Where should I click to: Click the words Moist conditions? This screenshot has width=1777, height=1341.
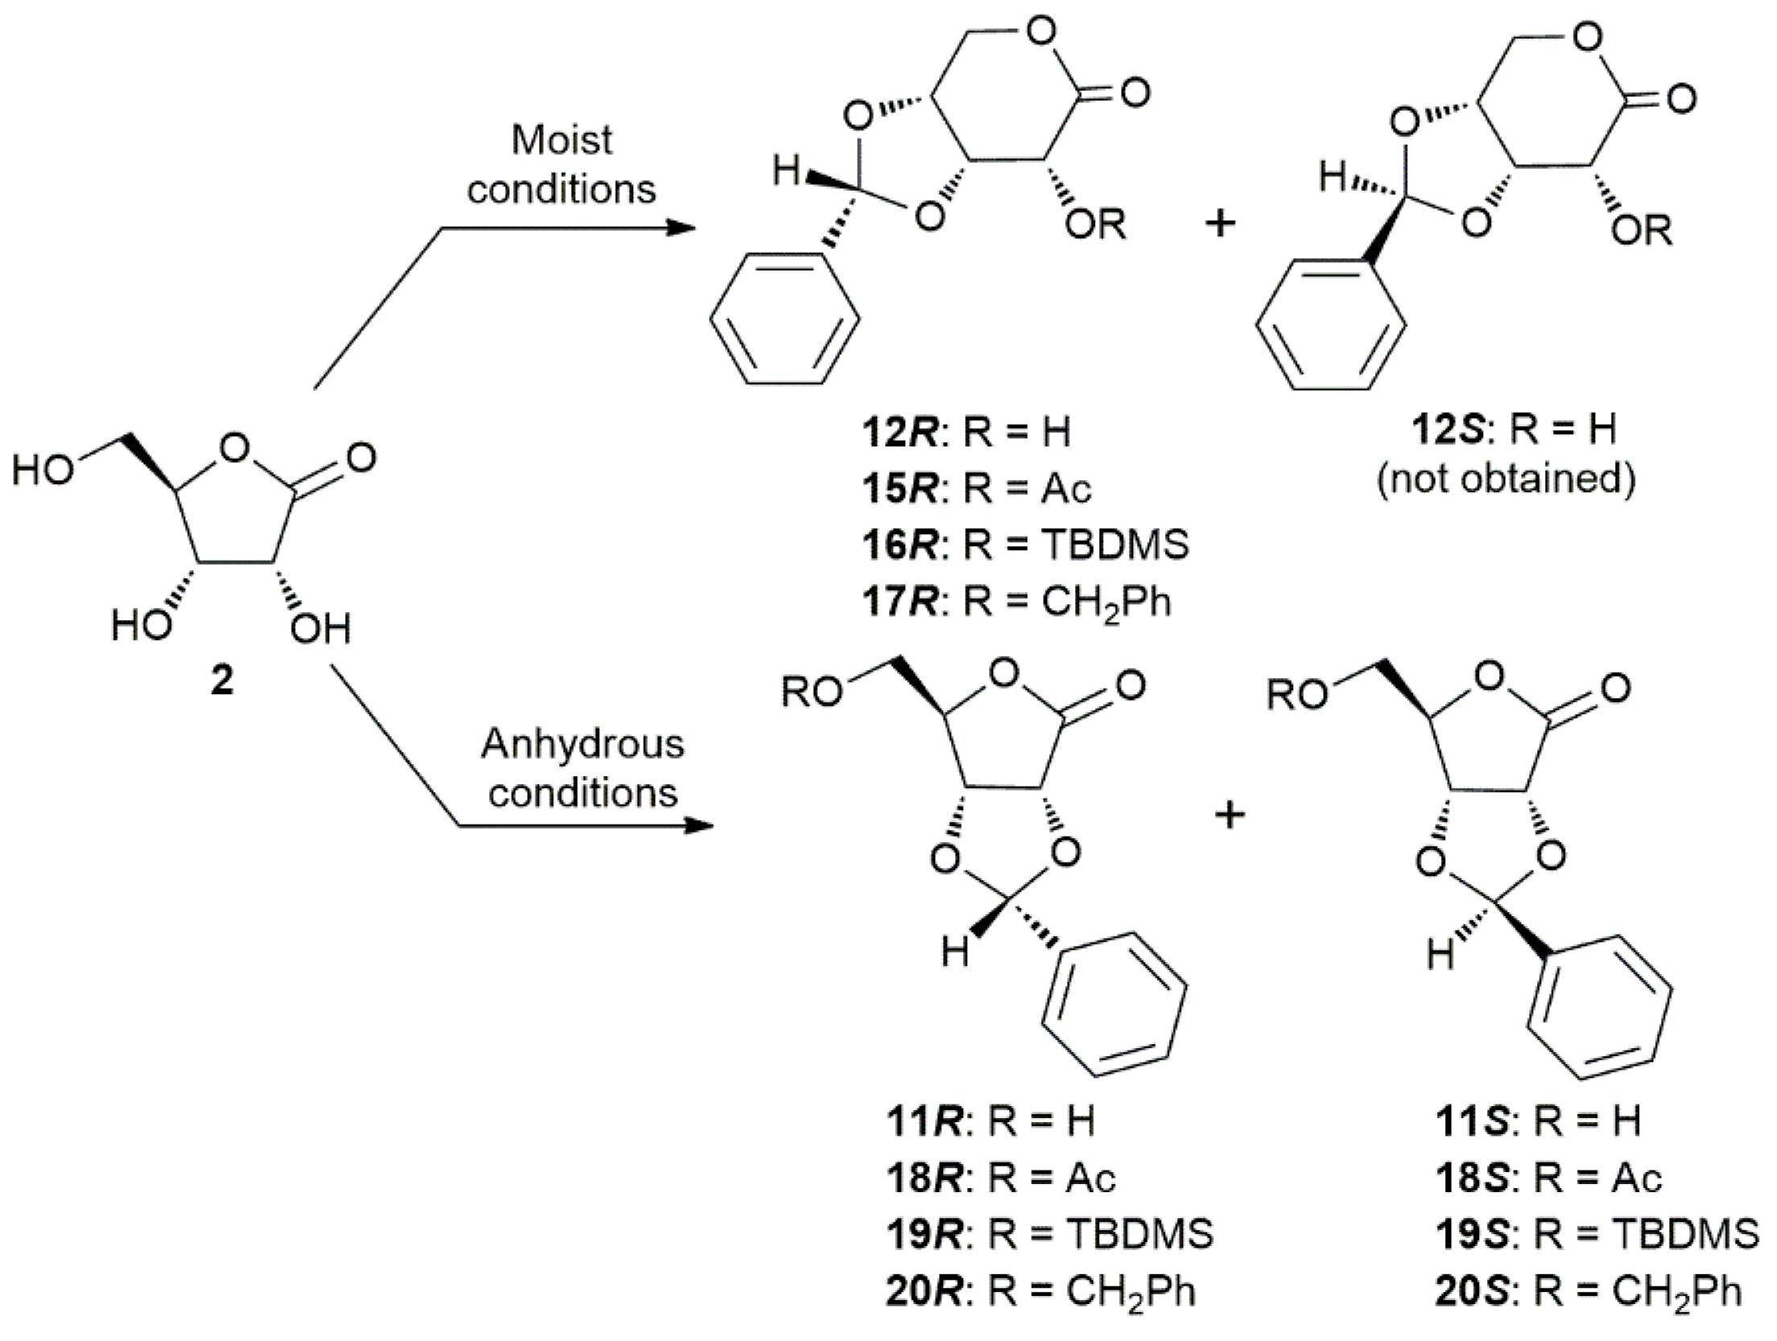click(x=561, y=165)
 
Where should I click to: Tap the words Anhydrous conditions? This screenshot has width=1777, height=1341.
click(x=582, y=768)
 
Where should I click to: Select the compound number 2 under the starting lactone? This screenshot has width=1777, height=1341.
click(x=221, y=681)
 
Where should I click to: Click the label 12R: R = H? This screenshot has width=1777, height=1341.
click(x=966, y=433)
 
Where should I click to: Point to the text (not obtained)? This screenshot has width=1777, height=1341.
click(x=1507, y=479)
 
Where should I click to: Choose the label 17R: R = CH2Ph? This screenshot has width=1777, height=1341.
click(x=1016, y=602)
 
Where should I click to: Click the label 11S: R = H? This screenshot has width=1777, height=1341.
click(x=1538, y=1120)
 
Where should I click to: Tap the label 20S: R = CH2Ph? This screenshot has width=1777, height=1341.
click(x=1588, y=1291)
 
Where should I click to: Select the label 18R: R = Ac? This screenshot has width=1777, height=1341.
click(x=1001, y=1178)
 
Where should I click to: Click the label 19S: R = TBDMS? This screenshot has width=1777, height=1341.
click(x=1597, y=1234)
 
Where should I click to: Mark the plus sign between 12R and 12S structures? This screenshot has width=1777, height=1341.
click(x=1220, y=223)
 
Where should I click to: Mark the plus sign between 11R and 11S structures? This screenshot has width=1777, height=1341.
click(x=1229, y=817)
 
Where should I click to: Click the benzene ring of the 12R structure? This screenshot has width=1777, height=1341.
click(x=785, y=319)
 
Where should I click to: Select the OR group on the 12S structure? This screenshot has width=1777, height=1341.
click(x=1642, y=232)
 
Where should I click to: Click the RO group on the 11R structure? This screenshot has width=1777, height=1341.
click(x=812, y=692)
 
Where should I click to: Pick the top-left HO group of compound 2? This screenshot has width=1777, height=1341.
click(x=43, y=469)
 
